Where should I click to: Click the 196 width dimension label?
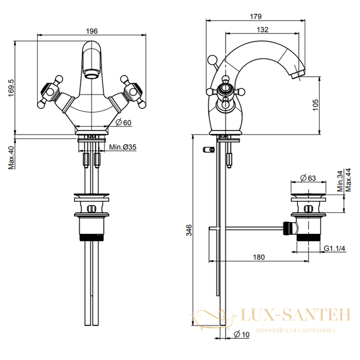(x=92, y=31)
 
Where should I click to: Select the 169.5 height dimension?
(x=11, y=88)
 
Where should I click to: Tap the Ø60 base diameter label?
(x=123, y=122)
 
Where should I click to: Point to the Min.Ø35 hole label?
(x=122, y=147)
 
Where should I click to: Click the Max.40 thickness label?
(x=11, y=157)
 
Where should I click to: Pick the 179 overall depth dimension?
(x=256, y=16)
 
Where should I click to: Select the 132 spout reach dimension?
(x=262, y=30)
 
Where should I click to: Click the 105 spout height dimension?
(x=316, y=105)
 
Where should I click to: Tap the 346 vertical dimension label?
(x=189, y=230)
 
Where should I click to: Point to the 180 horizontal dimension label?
(x=259, y=257)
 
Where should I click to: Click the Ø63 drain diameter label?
(x=308, y=178)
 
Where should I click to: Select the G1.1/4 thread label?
(x=334, y=248)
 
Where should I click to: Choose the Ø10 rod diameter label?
(x=242, y=334)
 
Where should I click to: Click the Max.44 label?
(x=348, y=180)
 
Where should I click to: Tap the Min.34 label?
(x=340, y=181)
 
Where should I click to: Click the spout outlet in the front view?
(x=92, y=74)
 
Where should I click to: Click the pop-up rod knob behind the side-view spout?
(x=211, y=60)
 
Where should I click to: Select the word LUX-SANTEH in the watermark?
(x=296, y=315)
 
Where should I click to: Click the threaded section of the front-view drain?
(x=92, y=238)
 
